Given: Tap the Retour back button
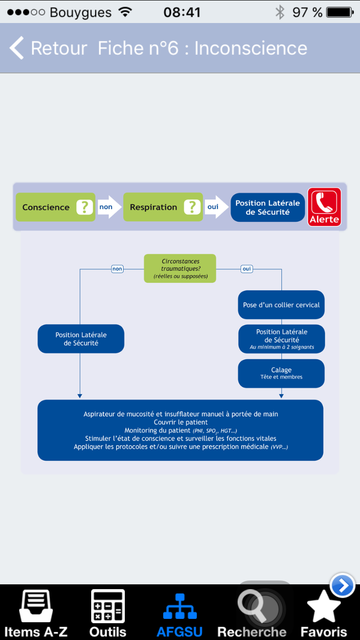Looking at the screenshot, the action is click(x=48, y=48).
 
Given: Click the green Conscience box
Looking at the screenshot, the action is click(x=56, y=207).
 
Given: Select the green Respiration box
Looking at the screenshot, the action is click(x=163, y=207).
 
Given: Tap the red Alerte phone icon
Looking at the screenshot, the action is click(x=324, y=207).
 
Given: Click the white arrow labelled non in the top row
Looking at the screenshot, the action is click(x=109, y=207).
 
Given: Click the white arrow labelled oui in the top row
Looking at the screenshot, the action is click(x=216, y=207).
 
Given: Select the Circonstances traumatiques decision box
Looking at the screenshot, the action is click(x=180, y=268).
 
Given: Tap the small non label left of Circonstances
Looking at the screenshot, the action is click(x=117, y=269).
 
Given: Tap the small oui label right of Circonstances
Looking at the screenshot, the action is click(x=247, y=269).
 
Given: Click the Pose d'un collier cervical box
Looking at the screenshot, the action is click(x=281, y=305).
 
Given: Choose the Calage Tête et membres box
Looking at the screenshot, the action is click(x=281, y=373).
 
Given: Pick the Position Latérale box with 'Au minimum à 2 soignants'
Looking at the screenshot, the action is click(x=282, y=339).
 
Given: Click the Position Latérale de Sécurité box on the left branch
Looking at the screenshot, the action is click(x=81, y=339).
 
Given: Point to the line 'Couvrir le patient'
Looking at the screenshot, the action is click(x=180, y=422).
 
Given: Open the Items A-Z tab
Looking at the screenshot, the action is click(x=36, y=613).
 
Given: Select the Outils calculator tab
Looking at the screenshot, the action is click(x=108, y=613).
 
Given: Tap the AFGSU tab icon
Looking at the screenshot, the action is click(x=180, y=606).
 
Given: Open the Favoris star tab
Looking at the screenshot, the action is click(x=324, y=613).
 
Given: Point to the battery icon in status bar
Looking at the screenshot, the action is click(x=340, y=12).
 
